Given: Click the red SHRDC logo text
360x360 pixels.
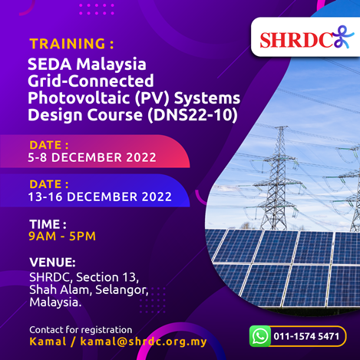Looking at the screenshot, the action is [x=297, y=40].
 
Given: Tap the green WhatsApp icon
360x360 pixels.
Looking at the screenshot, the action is [x=260, y=336].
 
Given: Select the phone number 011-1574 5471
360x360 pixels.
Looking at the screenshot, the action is [x=306, y=336].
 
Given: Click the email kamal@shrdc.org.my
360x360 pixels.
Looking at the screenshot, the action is [x=144, y=342].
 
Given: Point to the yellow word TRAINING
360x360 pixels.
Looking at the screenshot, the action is [x=68, y=44].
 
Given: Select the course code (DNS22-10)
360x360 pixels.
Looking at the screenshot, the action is [x=193, y=115].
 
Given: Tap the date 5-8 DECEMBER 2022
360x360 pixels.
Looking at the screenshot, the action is [x=92, y=157].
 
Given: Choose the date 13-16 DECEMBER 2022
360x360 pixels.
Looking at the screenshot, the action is [x=100, y=197].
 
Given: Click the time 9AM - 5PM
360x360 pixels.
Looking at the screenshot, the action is [x=62, y=236].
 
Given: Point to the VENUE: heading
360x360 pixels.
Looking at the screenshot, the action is [x=52, y=263].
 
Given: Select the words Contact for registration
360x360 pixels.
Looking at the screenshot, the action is [x=81, y=330].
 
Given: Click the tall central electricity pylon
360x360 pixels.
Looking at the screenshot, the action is [x=276, y=178].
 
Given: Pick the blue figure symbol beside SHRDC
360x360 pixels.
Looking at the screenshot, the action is [x=344, y=37].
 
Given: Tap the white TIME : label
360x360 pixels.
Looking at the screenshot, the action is [x=48, y=224].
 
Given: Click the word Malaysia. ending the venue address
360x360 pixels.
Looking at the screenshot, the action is [x=55, y=302].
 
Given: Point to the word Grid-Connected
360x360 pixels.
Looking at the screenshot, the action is [x=91, y=81].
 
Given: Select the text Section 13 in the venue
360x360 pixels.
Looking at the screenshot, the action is [x=107, y=277].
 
